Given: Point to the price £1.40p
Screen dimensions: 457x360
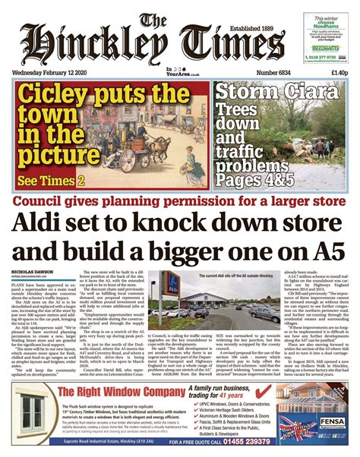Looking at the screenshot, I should (337, 73).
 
